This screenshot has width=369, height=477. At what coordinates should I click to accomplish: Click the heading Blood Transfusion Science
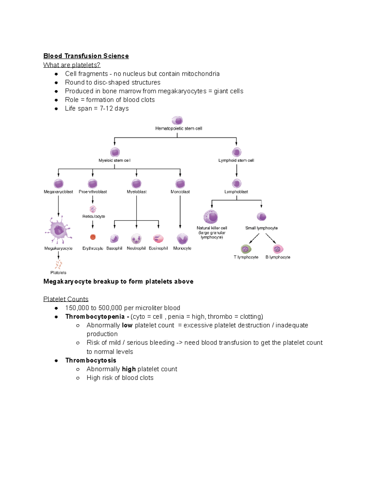[86, 56]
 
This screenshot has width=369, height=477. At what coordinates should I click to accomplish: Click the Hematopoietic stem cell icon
[177, 120]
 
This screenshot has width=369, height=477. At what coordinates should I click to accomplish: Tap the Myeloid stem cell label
[114, 160]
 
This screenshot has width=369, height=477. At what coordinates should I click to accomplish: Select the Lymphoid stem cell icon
[236, 152]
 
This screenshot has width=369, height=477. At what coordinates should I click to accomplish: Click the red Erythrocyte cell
[93, 237]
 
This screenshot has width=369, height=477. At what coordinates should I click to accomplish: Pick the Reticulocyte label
[93, 216]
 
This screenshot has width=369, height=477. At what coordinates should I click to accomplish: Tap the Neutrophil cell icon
[136, 239]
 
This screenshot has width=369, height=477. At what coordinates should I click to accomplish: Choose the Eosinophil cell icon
[158, 239]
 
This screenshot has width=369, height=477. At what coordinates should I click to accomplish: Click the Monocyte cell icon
[182, 239]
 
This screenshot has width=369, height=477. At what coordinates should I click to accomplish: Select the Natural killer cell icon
[211, 217]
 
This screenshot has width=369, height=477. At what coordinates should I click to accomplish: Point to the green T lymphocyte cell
[246, 249]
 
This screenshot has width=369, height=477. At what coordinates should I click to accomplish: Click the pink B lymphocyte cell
[278, 249]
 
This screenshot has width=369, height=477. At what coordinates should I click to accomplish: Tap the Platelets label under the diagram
[58, 272]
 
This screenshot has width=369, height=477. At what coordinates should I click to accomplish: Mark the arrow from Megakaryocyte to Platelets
[58, 255]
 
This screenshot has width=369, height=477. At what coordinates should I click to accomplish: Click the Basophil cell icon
[114, 239]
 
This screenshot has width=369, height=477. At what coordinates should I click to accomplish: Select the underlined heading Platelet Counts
[66, 299]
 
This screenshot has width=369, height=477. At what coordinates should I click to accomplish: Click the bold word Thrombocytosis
[91, 360]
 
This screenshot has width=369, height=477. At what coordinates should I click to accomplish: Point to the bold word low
[127, 325]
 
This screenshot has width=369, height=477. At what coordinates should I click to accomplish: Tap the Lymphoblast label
[236, 192]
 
